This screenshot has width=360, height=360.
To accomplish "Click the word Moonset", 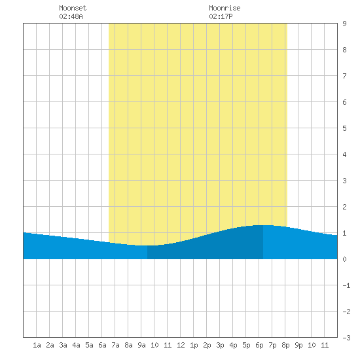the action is pos(73,8).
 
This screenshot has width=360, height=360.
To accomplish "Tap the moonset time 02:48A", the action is pos(71,16).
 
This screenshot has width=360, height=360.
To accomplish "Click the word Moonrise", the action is pos(225,8).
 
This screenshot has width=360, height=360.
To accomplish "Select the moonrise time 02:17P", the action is pos(221,16).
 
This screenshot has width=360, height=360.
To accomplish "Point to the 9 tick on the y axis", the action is pos(344,24).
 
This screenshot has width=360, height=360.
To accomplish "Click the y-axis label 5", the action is pos(344,128).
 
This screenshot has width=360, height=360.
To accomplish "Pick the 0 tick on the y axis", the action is pos(344,259).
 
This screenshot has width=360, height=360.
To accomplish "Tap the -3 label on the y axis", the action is pos(346,338).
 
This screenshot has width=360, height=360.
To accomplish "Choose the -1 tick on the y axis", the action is pos(346,285).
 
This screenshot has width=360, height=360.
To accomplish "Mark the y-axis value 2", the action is pos(344,207).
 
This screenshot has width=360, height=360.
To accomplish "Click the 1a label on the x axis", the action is pos(37,345).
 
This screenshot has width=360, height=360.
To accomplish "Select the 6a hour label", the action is pos(102,345).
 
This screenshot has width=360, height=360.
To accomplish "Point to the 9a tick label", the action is pos(141,345).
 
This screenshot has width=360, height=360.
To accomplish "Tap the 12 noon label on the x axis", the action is pos(181,345).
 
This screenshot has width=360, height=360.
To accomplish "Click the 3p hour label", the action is pos(220,345).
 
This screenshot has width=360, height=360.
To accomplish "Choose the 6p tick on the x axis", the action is pos(259,345).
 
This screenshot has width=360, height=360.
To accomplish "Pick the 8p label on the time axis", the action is pos(285,345).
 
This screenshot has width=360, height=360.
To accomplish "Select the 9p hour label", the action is pos(298,345).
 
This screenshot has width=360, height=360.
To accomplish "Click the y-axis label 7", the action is pos(344,76).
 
